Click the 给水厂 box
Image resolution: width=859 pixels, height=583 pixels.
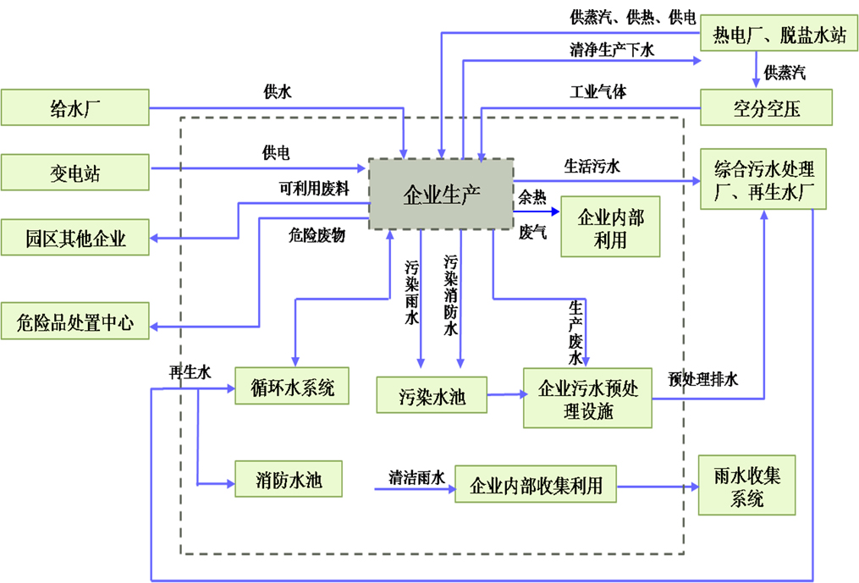(x=75, y=107)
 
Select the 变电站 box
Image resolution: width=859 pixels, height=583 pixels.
(x=75, y=173)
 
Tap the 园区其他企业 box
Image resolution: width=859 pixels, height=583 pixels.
(x=75, y=238)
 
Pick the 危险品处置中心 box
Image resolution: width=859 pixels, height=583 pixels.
(x=75, y=322)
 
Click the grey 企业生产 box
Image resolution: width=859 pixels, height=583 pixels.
(x=440, y=193)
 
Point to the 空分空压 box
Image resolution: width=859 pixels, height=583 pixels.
(x=767, y=107)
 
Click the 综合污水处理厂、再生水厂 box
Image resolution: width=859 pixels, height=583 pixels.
(x=763, y=179)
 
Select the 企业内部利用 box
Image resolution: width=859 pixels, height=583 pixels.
(x=609, y=227)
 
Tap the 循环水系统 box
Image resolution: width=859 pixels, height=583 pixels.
(x=292, y=388)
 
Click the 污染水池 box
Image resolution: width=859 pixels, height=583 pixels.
(x=432, y=395)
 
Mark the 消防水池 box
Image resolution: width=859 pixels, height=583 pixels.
(x=289, y=481)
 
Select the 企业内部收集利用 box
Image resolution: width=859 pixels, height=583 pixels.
(x=535, y=485)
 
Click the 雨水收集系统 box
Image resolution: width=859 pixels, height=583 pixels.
(x=746, y=485)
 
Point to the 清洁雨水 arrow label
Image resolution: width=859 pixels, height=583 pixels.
(x=416, y=476)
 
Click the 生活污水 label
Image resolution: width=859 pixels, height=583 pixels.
(x=592, y=166)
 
